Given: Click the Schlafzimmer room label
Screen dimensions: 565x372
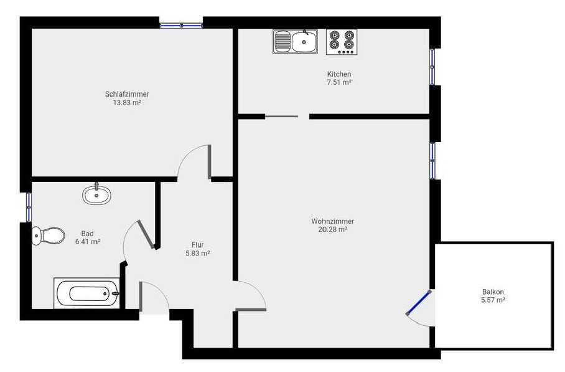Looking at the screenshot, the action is (127, 94).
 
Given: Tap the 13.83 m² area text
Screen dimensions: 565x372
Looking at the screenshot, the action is (127, 102).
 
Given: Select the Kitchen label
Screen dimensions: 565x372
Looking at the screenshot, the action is (339, 74).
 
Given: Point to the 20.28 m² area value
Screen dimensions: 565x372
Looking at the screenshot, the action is (332, 229).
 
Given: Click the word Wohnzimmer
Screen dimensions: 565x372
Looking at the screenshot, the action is (332, 221).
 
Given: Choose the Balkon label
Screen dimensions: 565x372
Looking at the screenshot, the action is (493, 292).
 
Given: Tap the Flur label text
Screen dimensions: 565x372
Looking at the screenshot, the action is (198, 245).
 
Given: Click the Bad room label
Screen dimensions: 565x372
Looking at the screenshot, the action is (88, 234).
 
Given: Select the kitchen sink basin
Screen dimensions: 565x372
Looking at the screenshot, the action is (304, 42).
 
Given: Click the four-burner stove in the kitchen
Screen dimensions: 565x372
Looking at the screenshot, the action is (342, 42).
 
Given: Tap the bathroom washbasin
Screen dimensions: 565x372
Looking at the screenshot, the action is (96, 195).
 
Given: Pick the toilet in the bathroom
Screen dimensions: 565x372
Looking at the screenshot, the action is (49, 236).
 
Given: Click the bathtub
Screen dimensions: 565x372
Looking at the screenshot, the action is (87, 293).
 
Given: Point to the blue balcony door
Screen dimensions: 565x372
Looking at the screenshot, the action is (418, 303).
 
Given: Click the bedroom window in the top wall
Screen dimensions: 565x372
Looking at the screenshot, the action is (181, 26).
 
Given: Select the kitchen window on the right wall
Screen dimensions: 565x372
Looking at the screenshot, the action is (432, 67).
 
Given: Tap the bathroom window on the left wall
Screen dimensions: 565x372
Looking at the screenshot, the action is (29, 207).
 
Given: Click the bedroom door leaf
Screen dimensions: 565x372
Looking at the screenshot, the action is (209, 162).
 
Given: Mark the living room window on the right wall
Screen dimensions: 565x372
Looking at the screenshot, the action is (432, 161).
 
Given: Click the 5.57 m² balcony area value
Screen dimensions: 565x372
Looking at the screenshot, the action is (493, 300).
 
